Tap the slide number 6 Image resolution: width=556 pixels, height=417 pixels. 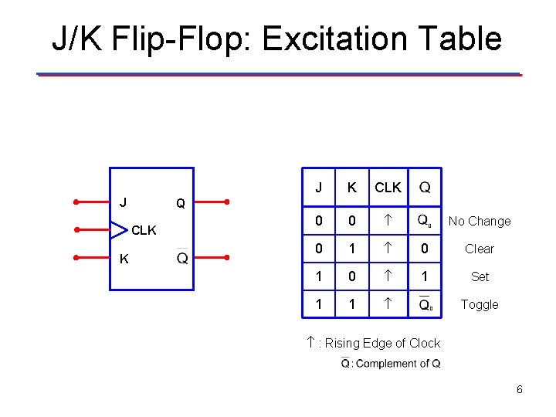[x=520, y=389]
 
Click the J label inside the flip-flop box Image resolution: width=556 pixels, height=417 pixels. [x=124, y=202]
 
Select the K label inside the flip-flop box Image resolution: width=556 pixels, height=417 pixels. [x=124, y=259]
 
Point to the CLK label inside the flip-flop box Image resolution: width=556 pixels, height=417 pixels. [x=143, y=230]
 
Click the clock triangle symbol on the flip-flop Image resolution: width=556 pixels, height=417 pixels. [x=118, y=229]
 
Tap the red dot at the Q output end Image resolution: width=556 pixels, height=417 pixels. [x=226, y=202]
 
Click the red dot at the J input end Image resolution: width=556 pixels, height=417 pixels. [x=76, y=202]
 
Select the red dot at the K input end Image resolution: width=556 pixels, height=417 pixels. [x=76, y=258]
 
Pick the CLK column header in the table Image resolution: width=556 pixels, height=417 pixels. [x=388, y=188]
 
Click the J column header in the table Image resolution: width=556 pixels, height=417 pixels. [x=319, y=188]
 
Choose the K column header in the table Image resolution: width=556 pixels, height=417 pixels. [x=352, y=188]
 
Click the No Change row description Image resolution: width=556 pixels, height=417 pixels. [x=480, y=221]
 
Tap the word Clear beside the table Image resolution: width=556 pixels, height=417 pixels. [x=480, y=249]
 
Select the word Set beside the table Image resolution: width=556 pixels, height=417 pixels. [x=480, y=276]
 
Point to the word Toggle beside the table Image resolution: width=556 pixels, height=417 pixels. [x=480, y=304]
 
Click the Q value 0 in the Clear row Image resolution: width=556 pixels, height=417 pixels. [x=425, y=249]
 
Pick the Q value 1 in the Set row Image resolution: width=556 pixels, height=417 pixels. [x=425, y=276]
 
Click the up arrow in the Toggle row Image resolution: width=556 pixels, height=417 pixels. [x=388, y=304]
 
